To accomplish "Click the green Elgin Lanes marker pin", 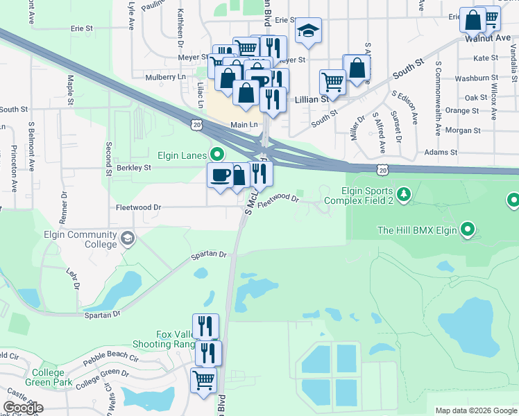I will coord(218,155).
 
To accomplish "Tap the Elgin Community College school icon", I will coord(127,239).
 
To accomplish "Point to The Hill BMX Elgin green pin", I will coord(468,229).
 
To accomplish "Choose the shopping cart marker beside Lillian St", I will coord(332,81).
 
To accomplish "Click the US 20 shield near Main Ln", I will coord(197,123).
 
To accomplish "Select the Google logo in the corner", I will coord(23,408).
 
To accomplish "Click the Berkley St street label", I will coord(135,167).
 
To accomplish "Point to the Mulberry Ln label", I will coord(162,77).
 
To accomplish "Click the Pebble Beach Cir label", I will coord(112,361).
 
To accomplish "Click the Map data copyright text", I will coord(476,410).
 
